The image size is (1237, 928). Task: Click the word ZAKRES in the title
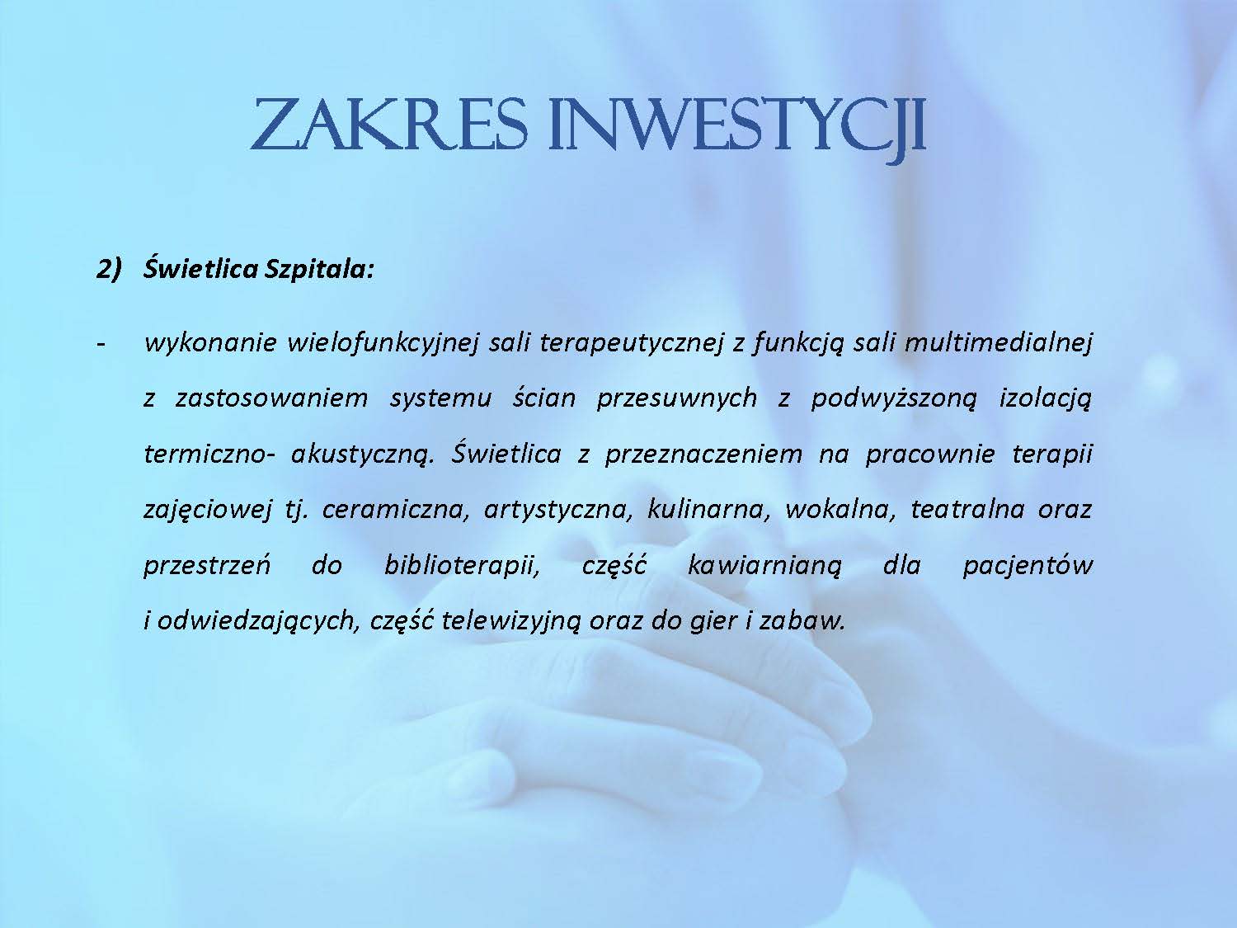click(389, 124)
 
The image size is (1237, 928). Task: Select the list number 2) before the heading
click(108, 270)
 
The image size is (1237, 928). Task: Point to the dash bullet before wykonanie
click(101, 344)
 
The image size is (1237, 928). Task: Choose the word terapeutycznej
click(631, 342)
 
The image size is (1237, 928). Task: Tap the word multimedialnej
click(998, 342)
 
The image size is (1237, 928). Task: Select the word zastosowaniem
click(271, 398)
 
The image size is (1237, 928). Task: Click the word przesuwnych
click(676, 399)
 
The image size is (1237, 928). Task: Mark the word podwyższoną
click(893, 399)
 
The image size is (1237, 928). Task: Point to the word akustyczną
click(363, 455)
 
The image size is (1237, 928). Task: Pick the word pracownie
click(930, 455)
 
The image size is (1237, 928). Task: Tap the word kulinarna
click(708, 510)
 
